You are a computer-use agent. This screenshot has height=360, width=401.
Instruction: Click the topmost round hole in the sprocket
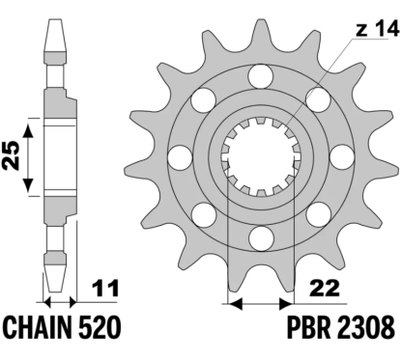tap(258, 74)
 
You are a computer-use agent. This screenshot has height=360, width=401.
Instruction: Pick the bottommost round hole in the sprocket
tap(258, 235)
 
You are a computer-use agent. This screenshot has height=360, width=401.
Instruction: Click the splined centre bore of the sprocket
tap(258, 154)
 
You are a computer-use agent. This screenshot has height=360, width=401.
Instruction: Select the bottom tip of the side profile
tap(55, 289)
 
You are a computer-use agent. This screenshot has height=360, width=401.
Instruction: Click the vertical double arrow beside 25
tap(32, 156)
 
